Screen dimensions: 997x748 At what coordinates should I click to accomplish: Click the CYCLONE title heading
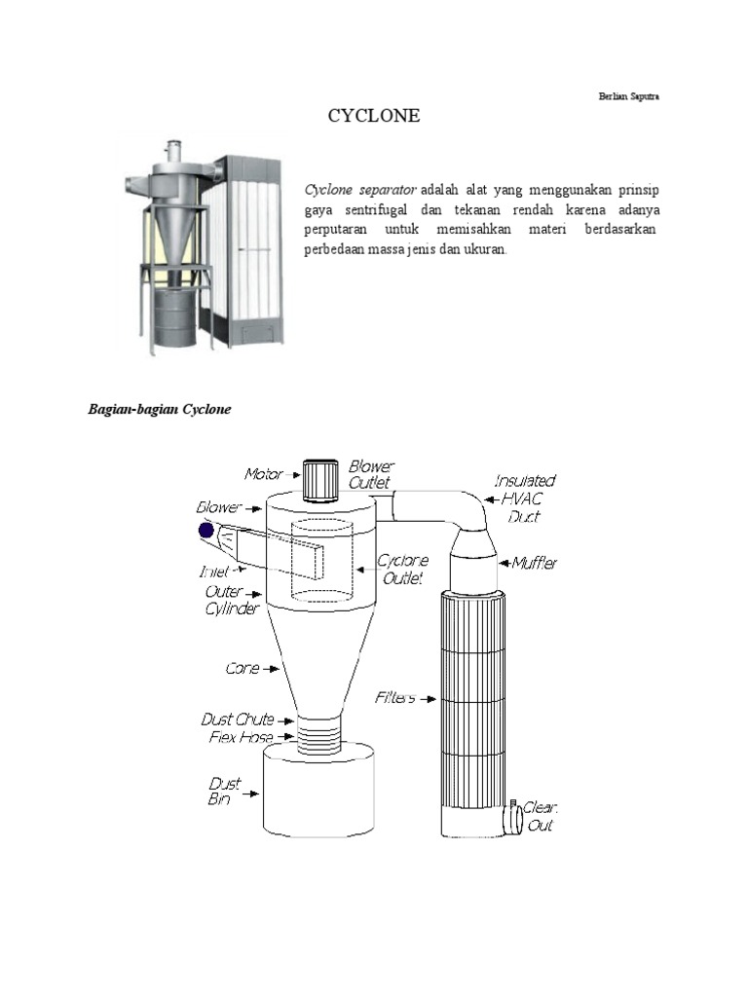click(x=374, y=116)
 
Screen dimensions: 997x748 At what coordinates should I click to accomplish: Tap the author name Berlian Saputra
click(x=629, y=96)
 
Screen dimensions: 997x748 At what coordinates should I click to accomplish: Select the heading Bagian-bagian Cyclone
click(x=160, y=410)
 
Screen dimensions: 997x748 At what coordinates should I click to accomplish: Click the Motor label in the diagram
click(x=263, y=474)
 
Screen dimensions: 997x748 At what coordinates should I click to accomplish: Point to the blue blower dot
click(x=206, y=531)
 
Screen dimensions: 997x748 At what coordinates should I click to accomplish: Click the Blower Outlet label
click(x=371, y=475)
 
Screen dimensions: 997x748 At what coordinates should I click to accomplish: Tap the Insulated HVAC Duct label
click(x=525, y=498)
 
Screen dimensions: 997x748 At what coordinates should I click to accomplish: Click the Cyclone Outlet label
click(x=402, y=570)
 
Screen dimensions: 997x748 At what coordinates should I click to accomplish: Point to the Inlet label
click(x=214, y=572)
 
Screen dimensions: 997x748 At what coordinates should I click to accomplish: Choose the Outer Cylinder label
click(x=232, y=600)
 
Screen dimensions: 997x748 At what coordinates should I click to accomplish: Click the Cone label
click(x=243, y=669)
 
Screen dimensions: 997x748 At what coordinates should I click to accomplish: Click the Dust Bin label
click(x=225, y=791)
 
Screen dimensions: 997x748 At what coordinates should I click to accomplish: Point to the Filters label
click(x=395, y=697)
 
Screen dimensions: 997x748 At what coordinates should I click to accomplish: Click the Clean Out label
click(x=539, y=816)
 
